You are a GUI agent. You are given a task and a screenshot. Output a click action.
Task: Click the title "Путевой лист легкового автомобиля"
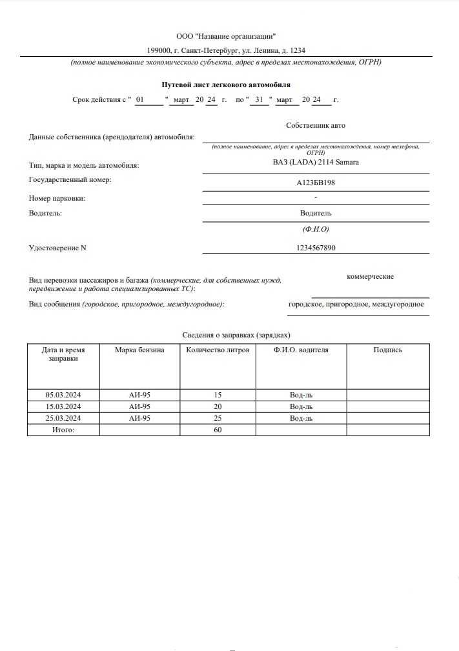225,85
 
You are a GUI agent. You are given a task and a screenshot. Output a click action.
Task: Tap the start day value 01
141,100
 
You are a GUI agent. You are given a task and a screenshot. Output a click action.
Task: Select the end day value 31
259,100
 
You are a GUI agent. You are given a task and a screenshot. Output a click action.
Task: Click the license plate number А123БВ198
316,183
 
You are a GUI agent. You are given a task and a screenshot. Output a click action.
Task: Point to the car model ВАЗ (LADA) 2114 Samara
316,162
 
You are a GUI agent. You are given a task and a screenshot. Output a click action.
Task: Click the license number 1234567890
316,248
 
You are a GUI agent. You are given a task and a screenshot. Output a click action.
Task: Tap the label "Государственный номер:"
70,179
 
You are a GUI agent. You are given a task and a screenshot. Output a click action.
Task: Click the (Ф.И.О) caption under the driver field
316,230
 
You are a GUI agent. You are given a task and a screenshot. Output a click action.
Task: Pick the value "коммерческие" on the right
370,276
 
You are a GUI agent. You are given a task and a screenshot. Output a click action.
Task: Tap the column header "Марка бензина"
139,350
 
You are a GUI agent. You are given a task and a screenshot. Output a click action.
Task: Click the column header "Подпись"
387,350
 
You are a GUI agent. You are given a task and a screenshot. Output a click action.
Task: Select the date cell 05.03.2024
63,395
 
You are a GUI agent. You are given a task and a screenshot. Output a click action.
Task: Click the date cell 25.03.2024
63,418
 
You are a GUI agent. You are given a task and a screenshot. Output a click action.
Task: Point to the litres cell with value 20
218,406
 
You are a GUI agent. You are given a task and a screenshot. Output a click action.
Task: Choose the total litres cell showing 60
218,430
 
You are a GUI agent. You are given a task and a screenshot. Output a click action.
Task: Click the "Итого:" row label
63,430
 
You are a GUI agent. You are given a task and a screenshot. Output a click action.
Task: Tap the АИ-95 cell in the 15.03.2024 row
139,406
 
